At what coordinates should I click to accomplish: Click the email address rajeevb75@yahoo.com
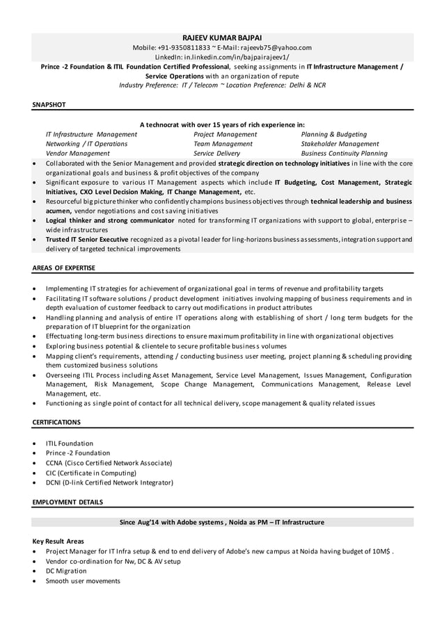click(274, 47)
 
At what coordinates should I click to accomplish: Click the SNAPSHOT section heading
click(49, 104)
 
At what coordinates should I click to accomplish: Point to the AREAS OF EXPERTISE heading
click(63, 268)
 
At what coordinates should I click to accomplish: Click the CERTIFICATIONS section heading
click(56, 422)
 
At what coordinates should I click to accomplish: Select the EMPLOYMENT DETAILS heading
click(68, 501)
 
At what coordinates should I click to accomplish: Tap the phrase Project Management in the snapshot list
click(225, 134)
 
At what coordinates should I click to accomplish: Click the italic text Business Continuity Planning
click(344, 154)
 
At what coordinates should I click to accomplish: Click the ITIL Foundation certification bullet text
click(69, 443)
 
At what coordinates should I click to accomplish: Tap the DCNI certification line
click(109, 482)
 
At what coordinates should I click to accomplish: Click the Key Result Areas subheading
click(58, 541)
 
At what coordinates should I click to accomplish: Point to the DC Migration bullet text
click(66, 571)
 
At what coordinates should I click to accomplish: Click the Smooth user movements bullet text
click(83, 580)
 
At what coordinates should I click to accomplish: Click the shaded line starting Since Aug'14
click(222, 522)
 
